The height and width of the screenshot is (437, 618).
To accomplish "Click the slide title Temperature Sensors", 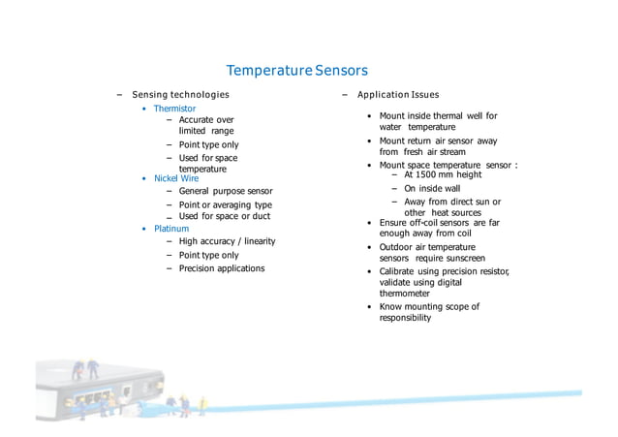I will click(296, 71).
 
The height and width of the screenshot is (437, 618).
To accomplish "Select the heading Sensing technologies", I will click(180, 95).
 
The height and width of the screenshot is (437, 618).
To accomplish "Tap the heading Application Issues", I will click(397, 95).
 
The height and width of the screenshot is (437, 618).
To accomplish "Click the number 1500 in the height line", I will click(432, 175).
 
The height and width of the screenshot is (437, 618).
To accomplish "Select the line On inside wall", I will click(432, 189).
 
